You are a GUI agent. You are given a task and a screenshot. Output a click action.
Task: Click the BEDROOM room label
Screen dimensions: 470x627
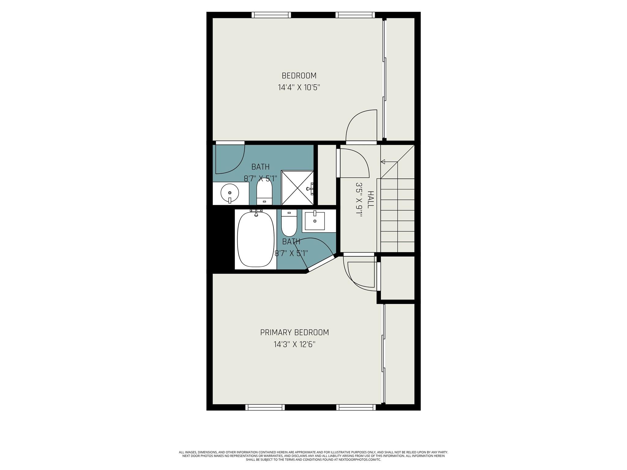pyautogui.click(x=299, y=76)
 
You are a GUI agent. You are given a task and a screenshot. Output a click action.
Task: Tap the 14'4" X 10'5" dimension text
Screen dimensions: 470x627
pyautogui.click(x=299, y=88)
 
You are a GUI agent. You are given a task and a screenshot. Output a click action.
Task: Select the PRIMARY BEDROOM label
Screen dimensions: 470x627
pyautogui.click(x=294, y=333)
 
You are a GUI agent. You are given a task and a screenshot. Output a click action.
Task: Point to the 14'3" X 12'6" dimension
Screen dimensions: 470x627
pyautogui.click(x=294, y=345)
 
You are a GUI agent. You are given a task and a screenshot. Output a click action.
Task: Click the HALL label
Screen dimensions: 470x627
pyautogui.click(x=370, y=200)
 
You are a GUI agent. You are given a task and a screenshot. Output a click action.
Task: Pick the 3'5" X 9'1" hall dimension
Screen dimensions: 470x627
pyautogui.click(x=359, y=200)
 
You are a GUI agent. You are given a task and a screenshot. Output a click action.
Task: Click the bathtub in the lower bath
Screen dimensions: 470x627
pyautogui.click(x=256, y=240)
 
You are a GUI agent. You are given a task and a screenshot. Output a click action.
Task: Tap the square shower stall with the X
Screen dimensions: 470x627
pyautogui.click(x=297, y=188)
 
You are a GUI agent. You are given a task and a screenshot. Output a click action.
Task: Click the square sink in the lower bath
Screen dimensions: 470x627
pyautogui.click(x=315, y=221)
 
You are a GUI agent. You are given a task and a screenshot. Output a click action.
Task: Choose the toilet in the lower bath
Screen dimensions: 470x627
pyautogui.click(x=289, y=223)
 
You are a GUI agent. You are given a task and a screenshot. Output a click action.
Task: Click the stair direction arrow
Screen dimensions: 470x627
pyautogui.click(x=383, y=162)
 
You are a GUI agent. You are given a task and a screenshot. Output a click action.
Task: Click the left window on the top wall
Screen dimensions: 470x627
pyautogui.click(x=271, y=15)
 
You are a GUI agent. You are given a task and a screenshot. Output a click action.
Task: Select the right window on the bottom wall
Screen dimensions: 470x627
pyautogui.click(x=356, y=407)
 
